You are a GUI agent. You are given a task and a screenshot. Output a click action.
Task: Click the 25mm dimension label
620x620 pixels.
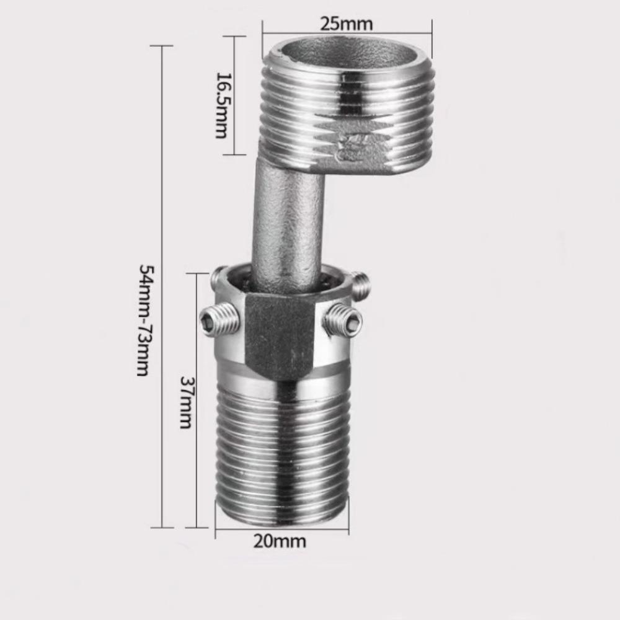[346, 24]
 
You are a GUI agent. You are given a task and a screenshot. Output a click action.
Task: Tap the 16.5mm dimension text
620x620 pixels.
[221, 105]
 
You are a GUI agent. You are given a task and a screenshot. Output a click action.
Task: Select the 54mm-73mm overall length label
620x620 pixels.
[143, 321]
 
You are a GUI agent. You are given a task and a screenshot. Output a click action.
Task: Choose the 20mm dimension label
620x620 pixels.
[279, 541]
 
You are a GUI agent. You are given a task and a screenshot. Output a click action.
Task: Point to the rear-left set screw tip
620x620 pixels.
[216, 277]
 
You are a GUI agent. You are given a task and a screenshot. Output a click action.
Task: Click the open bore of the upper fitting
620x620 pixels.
[347, 54]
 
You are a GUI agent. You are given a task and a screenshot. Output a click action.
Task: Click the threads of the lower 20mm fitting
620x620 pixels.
[282, 453]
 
